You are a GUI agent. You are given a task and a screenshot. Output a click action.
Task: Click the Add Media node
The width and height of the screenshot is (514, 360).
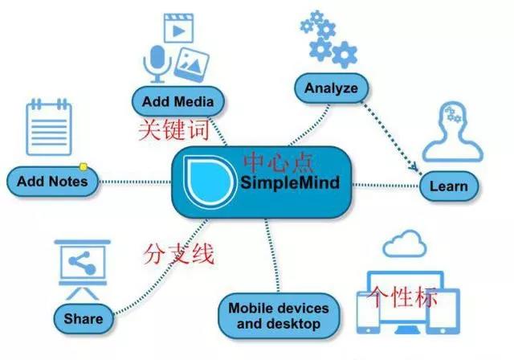pyautogui.click(x=178, y=101)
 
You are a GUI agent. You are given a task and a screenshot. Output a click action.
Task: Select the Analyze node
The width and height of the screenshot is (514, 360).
pyautogui.click(x=331, y=88)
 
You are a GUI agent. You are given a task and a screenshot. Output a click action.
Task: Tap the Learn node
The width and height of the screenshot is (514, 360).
pyautogui.click(x=448, y=186)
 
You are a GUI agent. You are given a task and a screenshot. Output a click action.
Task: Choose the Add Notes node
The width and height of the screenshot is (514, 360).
pyautogui.click(x=52, y=182)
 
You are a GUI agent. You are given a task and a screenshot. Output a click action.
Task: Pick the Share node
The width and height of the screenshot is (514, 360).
pyautogui.click(x=84, y=319)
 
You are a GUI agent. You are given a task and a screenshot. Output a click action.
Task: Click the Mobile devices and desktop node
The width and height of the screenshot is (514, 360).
pyautogui.click(x=279, y=316)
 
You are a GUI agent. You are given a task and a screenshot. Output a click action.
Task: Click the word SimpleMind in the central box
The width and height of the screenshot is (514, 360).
pyautogui.click(x=290, y=182)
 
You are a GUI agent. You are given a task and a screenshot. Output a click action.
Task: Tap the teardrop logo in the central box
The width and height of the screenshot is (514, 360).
pyautogui.click(x=210, y=182)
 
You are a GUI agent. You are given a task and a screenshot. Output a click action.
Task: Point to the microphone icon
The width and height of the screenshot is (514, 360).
pyautogui.click(x=157, y=64)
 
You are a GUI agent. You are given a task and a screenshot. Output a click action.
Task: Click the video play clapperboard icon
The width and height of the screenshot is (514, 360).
pyautogui.click(x=178, y=28)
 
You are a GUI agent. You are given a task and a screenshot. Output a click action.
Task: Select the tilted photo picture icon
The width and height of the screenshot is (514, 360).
pyautogui.click(x=191, y=65)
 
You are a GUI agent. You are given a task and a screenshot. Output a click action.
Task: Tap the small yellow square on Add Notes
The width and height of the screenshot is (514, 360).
pyautogui.click(x=84, y=167)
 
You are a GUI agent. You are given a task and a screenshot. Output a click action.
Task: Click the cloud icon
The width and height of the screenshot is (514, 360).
pyautogui.click(x=405, y=243)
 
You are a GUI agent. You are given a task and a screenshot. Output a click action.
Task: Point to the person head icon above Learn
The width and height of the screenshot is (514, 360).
pyautogui.click(x=453, y=132)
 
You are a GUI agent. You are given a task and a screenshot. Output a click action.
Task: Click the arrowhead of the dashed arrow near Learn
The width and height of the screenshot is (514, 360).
pyautogui.click(x=414, y=167)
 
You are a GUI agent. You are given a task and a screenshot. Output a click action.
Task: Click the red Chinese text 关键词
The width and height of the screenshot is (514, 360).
pyautogui.click(x=173, y=130)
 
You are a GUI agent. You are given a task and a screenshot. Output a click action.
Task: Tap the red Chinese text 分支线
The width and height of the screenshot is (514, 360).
pyautogui.click(x=179, y=254)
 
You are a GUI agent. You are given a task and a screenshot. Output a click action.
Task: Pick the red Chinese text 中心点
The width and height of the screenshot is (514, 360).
pyautogui.click(x=279, y=162)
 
